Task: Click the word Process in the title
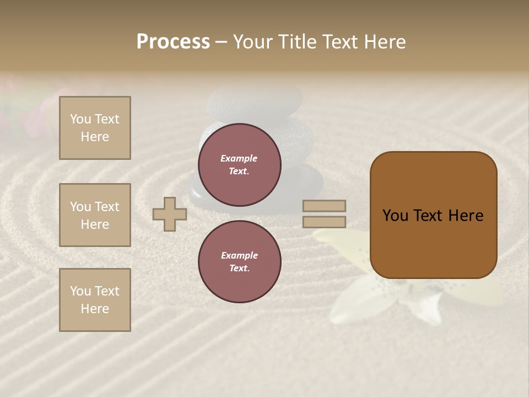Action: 173,42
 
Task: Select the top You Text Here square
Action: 95,128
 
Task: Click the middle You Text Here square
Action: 95,215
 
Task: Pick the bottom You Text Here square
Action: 95,300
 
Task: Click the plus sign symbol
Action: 170,214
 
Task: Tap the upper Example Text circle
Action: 240,164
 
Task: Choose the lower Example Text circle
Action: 240,261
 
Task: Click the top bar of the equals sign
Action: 325,206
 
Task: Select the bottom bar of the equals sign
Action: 325,222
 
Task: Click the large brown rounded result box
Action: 433,215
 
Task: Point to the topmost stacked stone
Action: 255,101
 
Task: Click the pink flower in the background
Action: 41,110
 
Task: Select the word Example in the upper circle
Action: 239,158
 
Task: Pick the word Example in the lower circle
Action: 239,255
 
